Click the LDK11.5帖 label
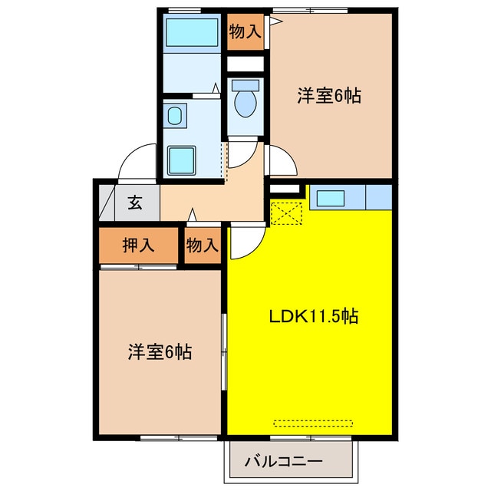click(315, 315)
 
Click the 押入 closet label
click(139, 245)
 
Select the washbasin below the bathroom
click(174, 117)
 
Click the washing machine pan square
click(183, 159)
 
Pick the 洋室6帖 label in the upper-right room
click(330, 96)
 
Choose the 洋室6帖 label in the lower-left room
click(159, 352)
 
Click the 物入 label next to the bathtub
click(245, 31)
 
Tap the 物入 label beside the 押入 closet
click(203, 245)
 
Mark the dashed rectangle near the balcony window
click(315, 422)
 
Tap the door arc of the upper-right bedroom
click(281, 160)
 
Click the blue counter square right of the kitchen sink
click(379, 197)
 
